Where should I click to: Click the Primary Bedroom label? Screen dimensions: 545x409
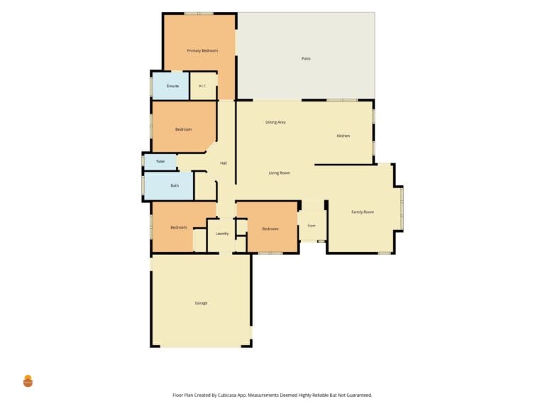pos(202,51)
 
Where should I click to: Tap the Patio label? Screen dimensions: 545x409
pos(306,59)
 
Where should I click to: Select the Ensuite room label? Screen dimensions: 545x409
pos(172,86)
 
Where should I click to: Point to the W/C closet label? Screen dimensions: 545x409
pos(202,86)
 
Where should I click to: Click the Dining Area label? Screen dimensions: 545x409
pos(275,122)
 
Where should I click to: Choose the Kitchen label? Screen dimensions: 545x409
pos(343,136)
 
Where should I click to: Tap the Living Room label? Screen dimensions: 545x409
pos(279,173)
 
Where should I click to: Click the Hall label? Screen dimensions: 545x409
pos(224,163)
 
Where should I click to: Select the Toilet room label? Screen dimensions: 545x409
pos(160,161)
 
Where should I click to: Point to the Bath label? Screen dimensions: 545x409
pos(175,185)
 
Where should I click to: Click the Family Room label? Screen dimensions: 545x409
pos(363,212)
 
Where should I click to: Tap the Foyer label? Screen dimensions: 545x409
pos(312,226)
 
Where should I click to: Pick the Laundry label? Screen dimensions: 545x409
pos(222,234)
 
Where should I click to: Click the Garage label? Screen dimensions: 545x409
pos(201,303)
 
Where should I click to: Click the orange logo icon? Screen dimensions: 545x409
pos(28,381)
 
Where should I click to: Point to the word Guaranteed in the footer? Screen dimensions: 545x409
pos(358,395)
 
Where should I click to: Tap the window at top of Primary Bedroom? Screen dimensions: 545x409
pos(199,13)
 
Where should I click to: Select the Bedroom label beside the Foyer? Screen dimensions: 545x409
pos(270,229)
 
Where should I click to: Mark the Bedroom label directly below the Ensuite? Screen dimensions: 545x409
pos(183,129)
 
